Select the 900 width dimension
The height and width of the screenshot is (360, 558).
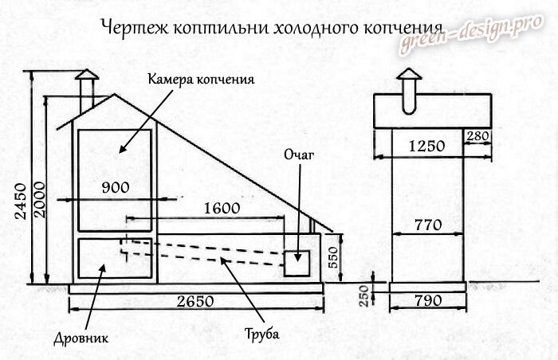pos(116,187)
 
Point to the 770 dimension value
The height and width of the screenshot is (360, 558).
pos(427,225)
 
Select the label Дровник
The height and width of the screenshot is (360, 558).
pos(83,338)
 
